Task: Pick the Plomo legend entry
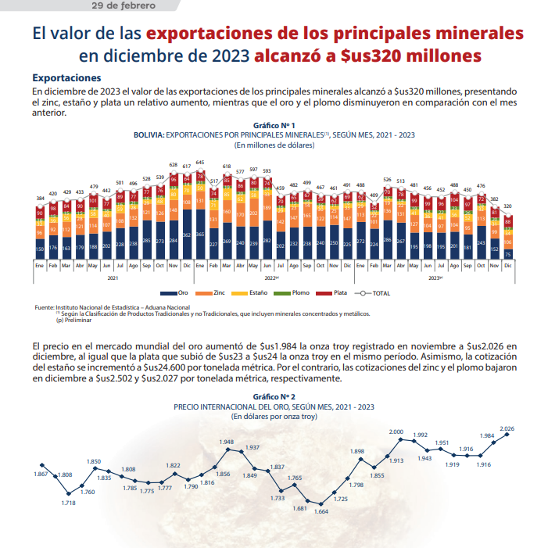[x=295, y=292]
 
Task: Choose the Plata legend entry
[x=331, y=292]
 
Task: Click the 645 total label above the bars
[x=200, y=162]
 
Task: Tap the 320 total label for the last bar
[x=507, y=206]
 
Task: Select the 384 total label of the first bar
[x=40, y=199]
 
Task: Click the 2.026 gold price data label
[x=507, y=428]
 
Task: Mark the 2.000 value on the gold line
[x=396, y=432]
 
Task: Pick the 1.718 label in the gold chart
[x=69, y=502]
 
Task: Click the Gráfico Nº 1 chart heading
[x=274, y=125]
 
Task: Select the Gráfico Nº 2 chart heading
[x=274, y=397]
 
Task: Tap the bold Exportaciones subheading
[x=66, y=78]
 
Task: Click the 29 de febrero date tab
[x=124, y=5]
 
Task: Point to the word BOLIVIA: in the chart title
[x=149, y=134]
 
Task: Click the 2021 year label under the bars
[x=113, y=278]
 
